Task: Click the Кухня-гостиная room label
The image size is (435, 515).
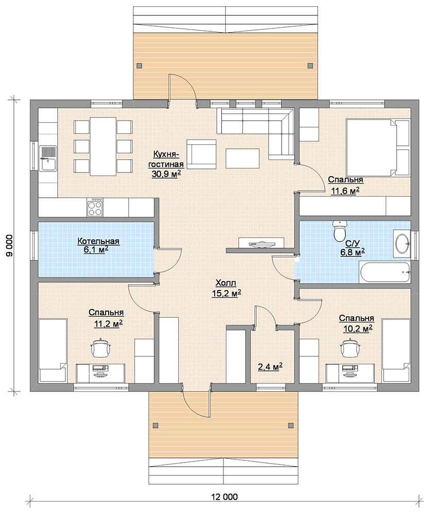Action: [166, 159]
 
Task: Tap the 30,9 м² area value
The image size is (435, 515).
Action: [166, 174]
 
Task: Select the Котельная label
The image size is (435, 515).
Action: [98, 242]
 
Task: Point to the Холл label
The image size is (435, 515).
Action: [225, 283]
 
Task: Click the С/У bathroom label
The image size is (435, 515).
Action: [353, 244]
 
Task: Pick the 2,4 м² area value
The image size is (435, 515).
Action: [270, 367]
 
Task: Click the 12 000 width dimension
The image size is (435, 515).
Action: [224, 496]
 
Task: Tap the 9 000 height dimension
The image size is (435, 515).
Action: [9, 246]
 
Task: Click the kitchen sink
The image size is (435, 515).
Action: [48, 158]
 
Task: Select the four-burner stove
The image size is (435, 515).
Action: [95, 207]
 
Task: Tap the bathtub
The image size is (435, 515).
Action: [385, 272]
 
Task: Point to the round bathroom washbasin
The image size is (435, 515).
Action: [402, 244]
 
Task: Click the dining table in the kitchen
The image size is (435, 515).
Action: [103, 146]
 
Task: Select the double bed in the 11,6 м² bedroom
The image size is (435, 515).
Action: [378, 148]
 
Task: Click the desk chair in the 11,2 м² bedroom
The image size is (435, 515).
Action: [101, 348]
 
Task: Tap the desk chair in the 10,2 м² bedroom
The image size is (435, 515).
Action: [351, 348]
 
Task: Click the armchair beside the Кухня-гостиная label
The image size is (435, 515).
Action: [201, 154]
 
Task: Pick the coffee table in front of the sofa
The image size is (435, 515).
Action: [242, 159]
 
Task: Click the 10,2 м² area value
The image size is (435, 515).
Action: [357, 328]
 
